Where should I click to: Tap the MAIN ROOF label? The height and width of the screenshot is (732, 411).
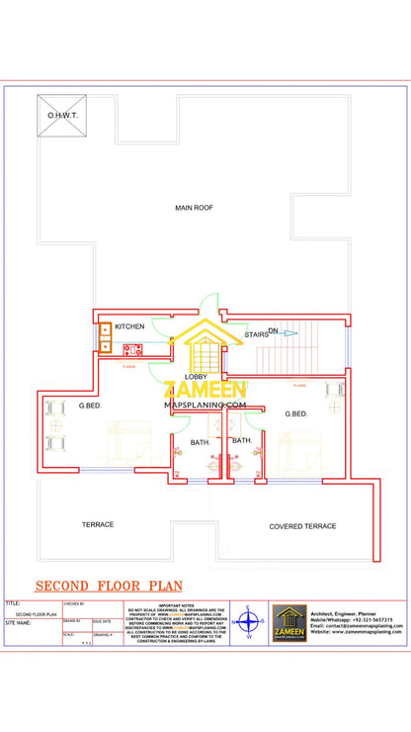coord(195,208)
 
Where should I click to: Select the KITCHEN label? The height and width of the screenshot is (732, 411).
coord(129,326)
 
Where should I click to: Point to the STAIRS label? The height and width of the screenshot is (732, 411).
coord(256,335)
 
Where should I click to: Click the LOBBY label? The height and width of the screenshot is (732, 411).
coord(196,377)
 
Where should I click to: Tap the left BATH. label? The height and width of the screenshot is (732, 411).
coord(201,442)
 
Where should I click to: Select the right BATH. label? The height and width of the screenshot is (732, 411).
coord(242,440)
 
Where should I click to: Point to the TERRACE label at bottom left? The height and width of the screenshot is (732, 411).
coord(98,524)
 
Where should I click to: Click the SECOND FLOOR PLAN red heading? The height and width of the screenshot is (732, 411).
coord(97,586)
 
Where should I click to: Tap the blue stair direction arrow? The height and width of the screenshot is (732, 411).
coord(288,333)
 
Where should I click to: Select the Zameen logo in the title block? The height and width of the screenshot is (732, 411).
coord(289,623)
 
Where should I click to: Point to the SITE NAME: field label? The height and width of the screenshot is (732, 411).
coord(19,624)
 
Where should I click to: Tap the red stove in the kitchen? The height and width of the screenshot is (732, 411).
coord(131,348)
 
